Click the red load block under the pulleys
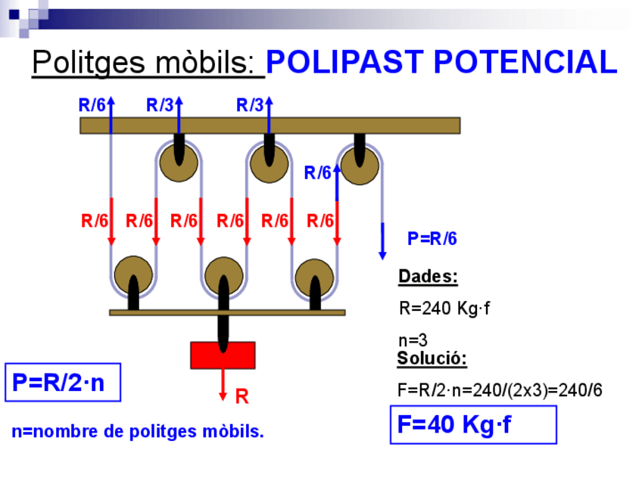pyautogui.click(x=223, y=355)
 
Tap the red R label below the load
pyautogui.click(x=242, y=396)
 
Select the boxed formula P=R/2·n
pyautogui.click(x=63, y=383)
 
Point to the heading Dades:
pyautogui.click(x=428, y=277)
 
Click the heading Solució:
pyautogui.click(x=432, y=358)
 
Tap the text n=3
pyautogui.click(x=413, y=340)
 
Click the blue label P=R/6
pyautogui.click(x=432, y=239)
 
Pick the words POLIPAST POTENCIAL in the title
pyautogui.click(x=442, y=63)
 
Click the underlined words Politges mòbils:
pyautogui.click(x=148, y=63)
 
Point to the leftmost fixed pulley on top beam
pyautogui.click(x=179, y=162)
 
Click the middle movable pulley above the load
pyautogui.click(x=223, y=275)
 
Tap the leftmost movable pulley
pyautogui.click(x=133, y=275)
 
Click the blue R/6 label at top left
pyautogui.click(x=92, y=106)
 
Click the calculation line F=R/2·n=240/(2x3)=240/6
pyautogui.click(x=500, y=390)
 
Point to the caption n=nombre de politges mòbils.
pyautogui.click(x=138, y=432)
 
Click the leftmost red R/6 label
pyautogui.click(x=95, y=222)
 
